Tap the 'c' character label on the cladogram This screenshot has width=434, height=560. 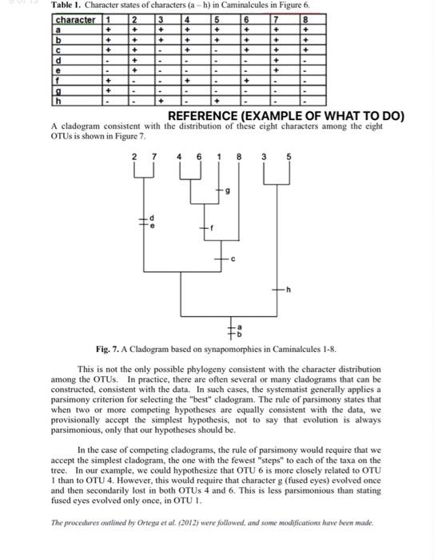(x=233, y=258)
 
